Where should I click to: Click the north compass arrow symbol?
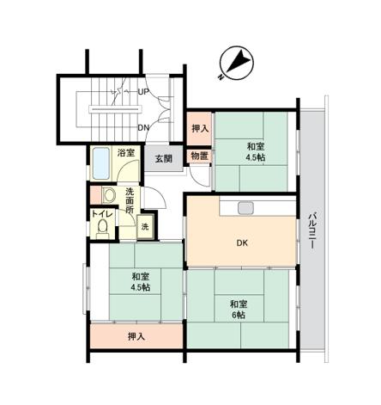[x=237, y=64]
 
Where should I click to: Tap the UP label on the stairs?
[x=143, y=92]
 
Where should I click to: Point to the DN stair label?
[x=143, y=128]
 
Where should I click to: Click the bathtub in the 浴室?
[x=101, y=163]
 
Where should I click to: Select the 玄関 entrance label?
[x=164, y=158]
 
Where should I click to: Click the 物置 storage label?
[x=199, y=156]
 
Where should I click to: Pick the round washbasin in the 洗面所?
[x=109, y=195]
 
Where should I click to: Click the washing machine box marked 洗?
[x=145, y=227]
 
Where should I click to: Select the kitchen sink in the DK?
[x=245, y=208]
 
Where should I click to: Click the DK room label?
[x=242, y=243]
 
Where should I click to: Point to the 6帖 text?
[x=239, y=315]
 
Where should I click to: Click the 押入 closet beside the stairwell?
[x=200, y=128]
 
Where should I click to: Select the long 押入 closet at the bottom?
[x=136, y=336]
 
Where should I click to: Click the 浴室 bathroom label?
[x=126, y=152]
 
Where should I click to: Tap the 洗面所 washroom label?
[x=130, y=200]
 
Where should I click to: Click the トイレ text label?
[x=103, y=214]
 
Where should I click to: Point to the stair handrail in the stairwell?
[x=115, y=109]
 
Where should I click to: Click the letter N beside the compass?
[x=221, y=77]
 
